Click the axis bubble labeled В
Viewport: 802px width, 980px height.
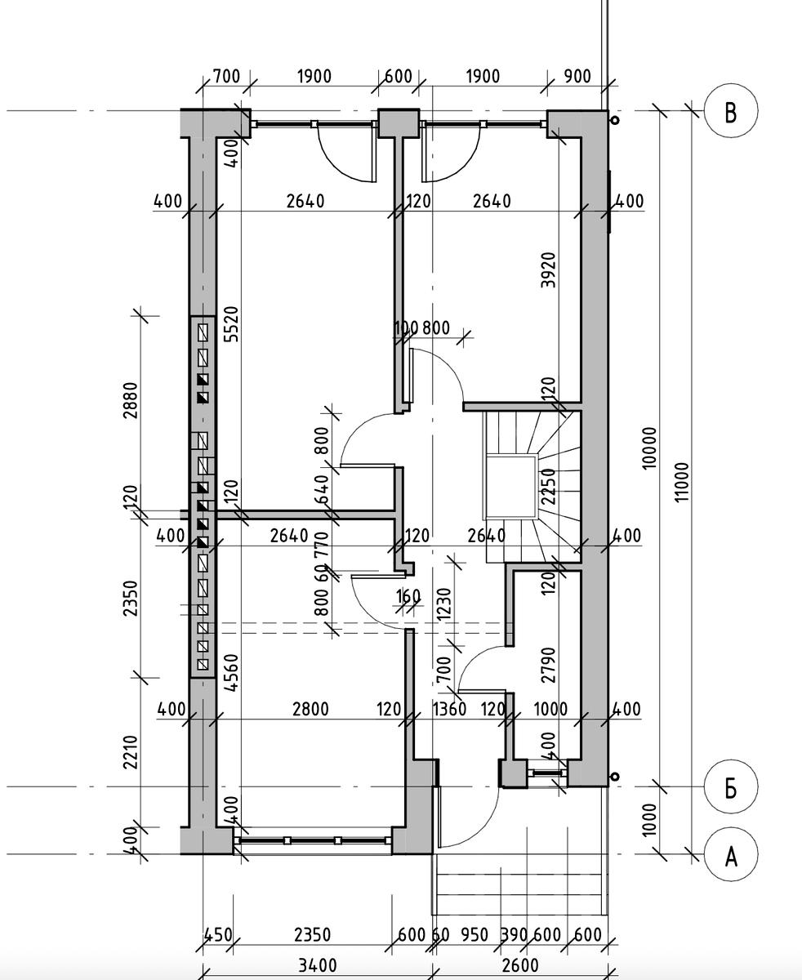[731, 111]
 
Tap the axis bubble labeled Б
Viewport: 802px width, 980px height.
[731, 787]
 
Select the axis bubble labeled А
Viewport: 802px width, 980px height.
[731, 854]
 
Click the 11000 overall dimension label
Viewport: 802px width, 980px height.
[682, 482]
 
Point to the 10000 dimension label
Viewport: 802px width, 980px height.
[649, 448]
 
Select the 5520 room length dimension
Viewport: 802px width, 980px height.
[231, 324]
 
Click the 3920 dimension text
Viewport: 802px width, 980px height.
[548, 270]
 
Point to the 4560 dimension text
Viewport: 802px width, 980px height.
[231, 672]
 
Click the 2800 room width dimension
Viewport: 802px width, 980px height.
[310, 710]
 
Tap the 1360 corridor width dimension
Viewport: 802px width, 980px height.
[449, 710]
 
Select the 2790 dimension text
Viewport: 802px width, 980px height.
[548, 665]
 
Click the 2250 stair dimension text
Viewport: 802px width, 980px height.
[548, 486]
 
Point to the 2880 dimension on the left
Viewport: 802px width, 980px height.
[131, 400]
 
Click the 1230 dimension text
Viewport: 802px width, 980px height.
[444, 604]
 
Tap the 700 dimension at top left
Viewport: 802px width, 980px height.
[226, 76]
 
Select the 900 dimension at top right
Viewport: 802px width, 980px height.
[577, 76]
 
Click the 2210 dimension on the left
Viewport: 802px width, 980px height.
[131, 752]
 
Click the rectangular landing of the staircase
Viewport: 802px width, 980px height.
[510, 487]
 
